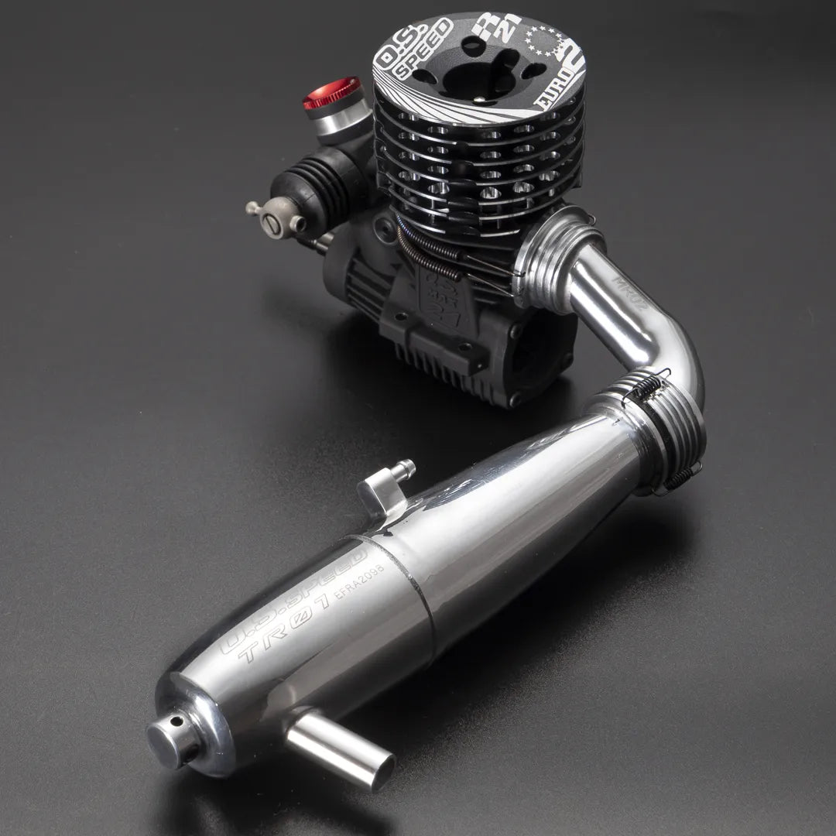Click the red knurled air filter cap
(x=331, y=94)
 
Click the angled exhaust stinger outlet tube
(x=341, y=751)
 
